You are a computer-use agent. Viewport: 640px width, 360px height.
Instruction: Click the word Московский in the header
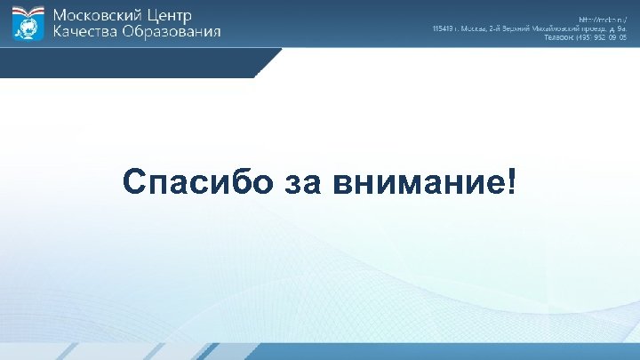[99, 15]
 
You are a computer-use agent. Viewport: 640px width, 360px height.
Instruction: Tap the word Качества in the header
[85, 32]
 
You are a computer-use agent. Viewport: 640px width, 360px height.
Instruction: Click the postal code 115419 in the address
[442, 28]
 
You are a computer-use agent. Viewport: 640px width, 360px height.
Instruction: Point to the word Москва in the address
[470, 28]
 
